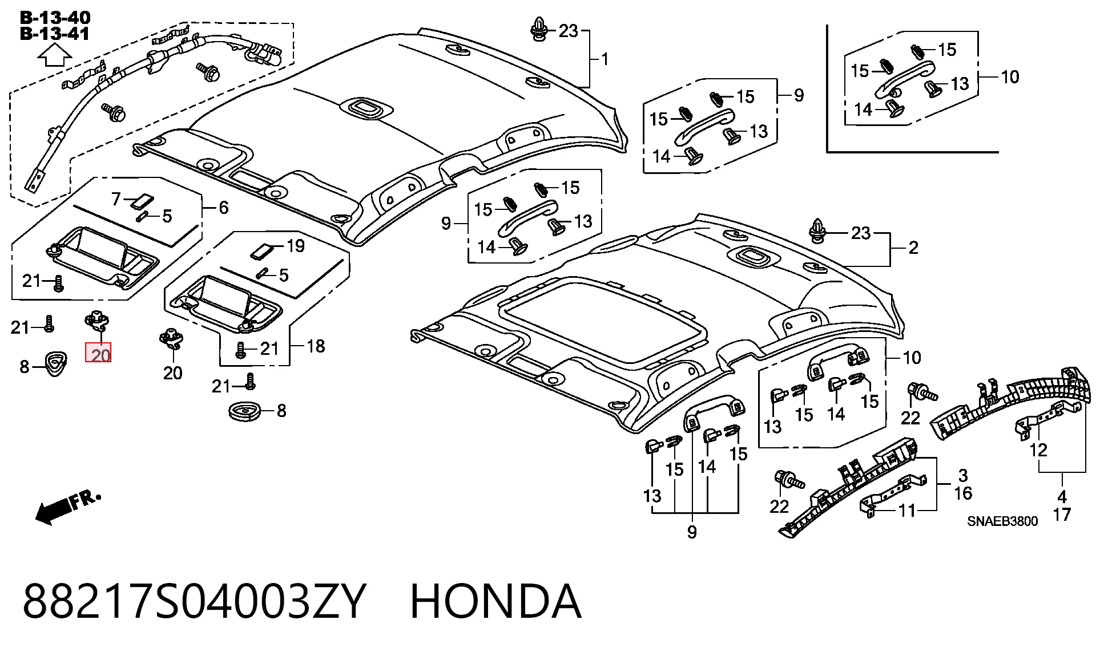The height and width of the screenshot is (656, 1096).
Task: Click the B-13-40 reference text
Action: coord(55,18)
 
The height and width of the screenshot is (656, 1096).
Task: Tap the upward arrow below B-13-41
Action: coord(54,56)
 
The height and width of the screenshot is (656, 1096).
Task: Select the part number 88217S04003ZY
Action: coord(194,601)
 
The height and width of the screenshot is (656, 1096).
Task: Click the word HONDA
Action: coord(495,601)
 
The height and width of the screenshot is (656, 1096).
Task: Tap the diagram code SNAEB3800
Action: coord(1002,521)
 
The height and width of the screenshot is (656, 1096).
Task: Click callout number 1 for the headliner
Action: coord(605,59)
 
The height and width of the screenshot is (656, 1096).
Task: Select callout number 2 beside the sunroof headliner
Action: coord(913,248)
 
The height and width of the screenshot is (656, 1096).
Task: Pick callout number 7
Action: coord(116,199)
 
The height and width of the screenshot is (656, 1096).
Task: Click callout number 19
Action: coord(295,246)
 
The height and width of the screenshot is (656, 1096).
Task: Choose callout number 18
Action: coord(315,346)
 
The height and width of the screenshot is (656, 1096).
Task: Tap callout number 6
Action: coord(223,208)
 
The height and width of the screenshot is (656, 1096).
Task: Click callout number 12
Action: coord(1038,450)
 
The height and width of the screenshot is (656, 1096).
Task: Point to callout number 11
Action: coord(907,510)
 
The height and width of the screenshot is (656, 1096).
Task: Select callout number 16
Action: coord(963,493)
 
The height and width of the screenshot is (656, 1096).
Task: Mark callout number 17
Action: coord(1061,515)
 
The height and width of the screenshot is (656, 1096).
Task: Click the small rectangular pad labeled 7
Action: coord(142,201)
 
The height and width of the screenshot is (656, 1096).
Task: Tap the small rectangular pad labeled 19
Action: coord(262,250)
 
